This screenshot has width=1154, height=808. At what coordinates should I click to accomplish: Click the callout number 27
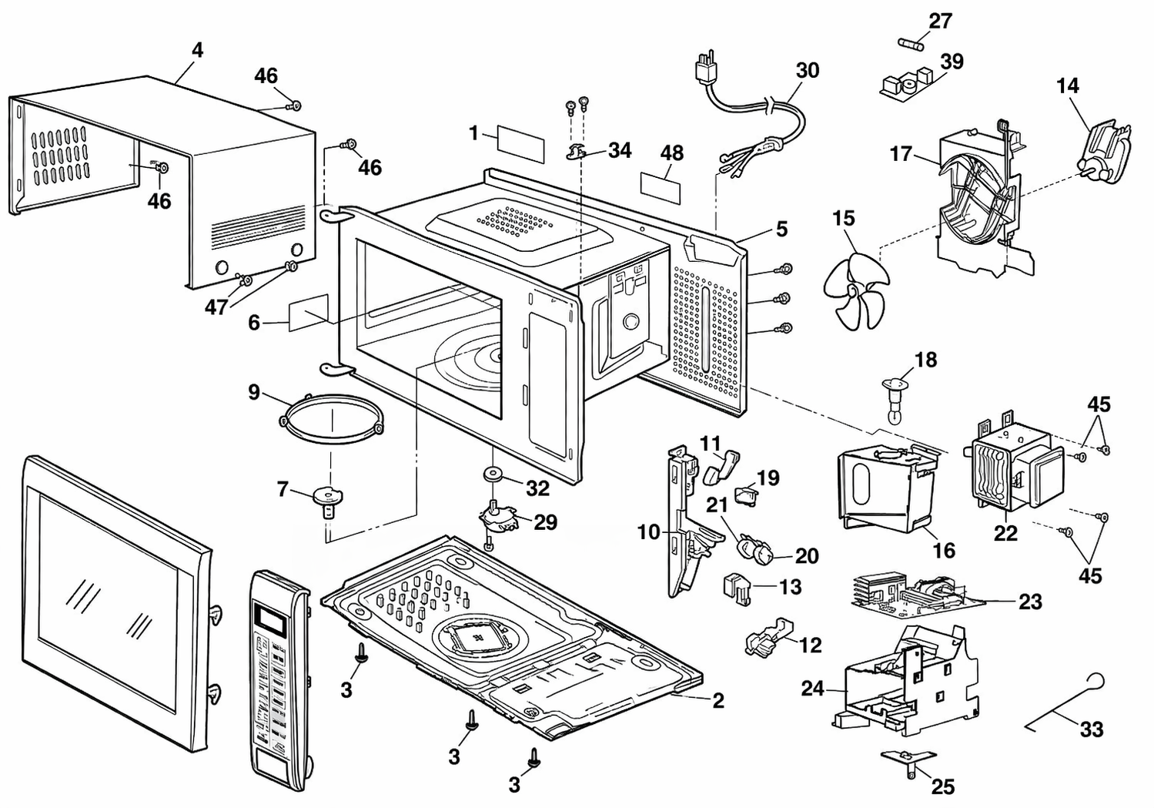(941, 21)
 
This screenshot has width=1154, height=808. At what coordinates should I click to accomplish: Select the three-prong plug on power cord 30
(705, 69)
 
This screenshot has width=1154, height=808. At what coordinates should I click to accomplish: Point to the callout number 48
(672, 153)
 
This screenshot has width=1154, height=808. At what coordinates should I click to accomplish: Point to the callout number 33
(1091, 729)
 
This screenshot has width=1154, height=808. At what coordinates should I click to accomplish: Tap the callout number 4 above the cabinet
(197, 51)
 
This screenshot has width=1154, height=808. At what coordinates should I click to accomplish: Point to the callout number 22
(1005, 534)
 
